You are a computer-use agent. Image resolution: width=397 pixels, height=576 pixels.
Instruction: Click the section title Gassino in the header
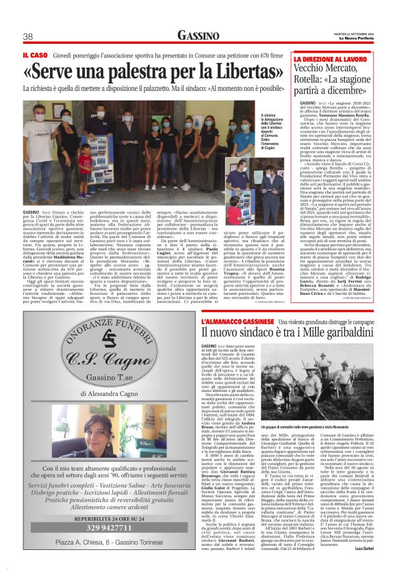[x=198, y=36]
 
